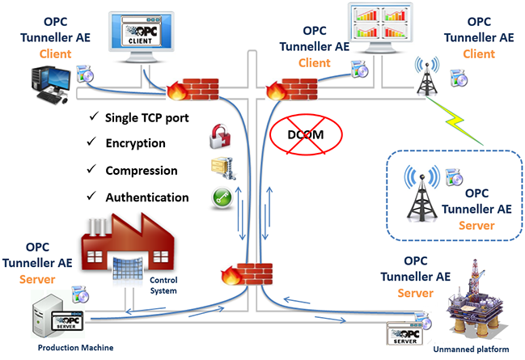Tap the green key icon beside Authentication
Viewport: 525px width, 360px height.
click(222, 198)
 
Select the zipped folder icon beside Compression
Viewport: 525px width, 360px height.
click(222, 168)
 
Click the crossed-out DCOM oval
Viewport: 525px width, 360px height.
click(306, 134)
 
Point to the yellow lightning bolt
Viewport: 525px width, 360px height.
click(455, 121)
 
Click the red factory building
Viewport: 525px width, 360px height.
click(128, 245)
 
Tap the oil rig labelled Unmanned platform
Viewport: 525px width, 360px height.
click(473, 302)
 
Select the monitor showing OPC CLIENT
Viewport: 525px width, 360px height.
click(141, 37)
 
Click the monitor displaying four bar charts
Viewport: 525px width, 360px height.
click(380, 28)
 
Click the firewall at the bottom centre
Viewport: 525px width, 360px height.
click(247, 274)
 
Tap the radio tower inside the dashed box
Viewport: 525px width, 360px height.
click(422, 193)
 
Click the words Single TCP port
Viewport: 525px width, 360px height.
click(146, 118)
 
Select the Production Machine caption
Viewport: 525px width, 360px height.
click(76, 348)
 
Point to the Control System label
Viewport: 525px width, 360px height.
click(163, 286)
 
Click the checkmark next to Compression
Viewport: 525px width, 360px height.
click(91, 169)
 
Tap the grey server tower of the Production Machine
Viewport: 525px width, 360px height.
click(46, 316)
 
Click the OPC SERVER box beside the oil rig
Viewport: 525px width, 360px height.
click(404, 333)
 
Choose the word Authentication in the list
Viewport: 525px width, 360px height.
click(147, 197)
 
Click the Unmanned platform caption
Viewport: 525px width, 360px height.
click(471, 349)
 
